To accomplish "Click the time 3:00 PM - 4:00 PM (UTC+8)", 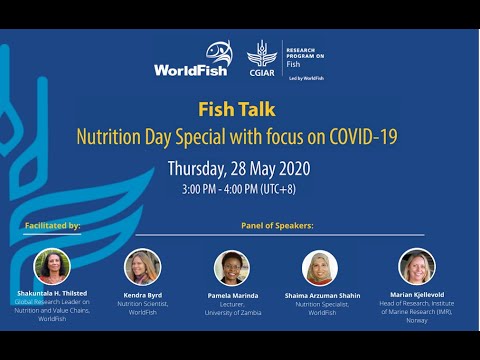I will click(x=239, y=190).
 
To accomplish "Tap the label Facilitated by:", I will click(x=53, y=226).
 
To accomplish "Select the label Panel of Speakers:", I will click(x=277, y=226).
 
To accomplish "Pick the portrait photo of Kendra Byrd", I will click(x=142, y=267).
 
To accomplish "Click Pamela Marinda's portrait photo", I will click(x=231, y=267).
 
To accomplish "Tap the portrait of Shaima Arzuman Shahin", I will click(x=320, y=267).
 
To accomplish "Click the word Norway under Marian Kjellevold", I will click(x=417, y=320).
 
